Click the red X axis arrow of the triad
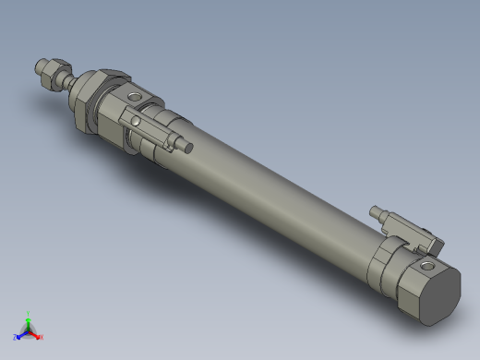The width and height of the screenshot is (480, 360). click(36, 334)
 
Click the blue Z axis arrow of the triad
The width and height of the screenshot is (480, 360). click(21, 334)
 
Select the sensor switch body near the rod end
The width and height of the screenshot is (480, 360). click(152, 126)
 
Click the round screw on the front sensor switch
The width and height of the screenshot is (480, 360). click(136, 118)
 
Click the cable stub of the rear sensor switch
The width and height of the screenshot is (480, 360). click(377, 212)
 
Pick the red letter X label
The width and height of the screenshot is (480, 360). click(42, 338)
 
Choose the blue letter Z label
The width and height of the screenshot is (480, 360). click(15, 338)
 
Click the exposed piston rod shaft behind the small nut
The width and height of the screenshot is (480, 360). click(70, 80)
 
